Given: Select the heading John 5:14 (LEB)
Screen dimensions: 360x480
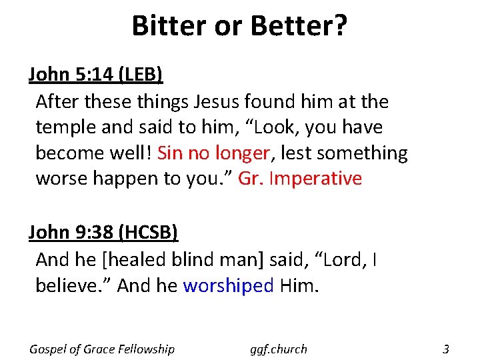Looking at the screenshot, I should click(x=95, y=75).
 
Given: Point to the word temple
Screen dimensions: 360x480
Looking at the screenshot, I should click(x=67, y=127).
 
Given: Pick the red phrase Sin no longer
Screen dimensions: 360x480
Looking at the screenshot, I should click(x=214, y=153).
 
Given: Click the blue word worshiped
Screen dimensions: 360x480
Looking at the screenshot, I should click(x=228, y=285).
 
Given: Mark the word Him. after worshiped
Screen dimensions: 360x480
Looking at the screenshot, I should click(x=299, y=285).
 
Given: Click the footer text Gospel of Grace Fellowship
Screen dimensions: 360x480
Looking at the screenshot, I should click(x=102, y=349).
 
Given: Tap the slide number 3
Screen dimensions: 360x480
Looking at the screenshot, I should click(x=446, y=349).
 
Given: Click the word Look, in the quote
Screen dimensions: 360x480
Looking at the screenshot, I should click(x=303, y=127).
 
